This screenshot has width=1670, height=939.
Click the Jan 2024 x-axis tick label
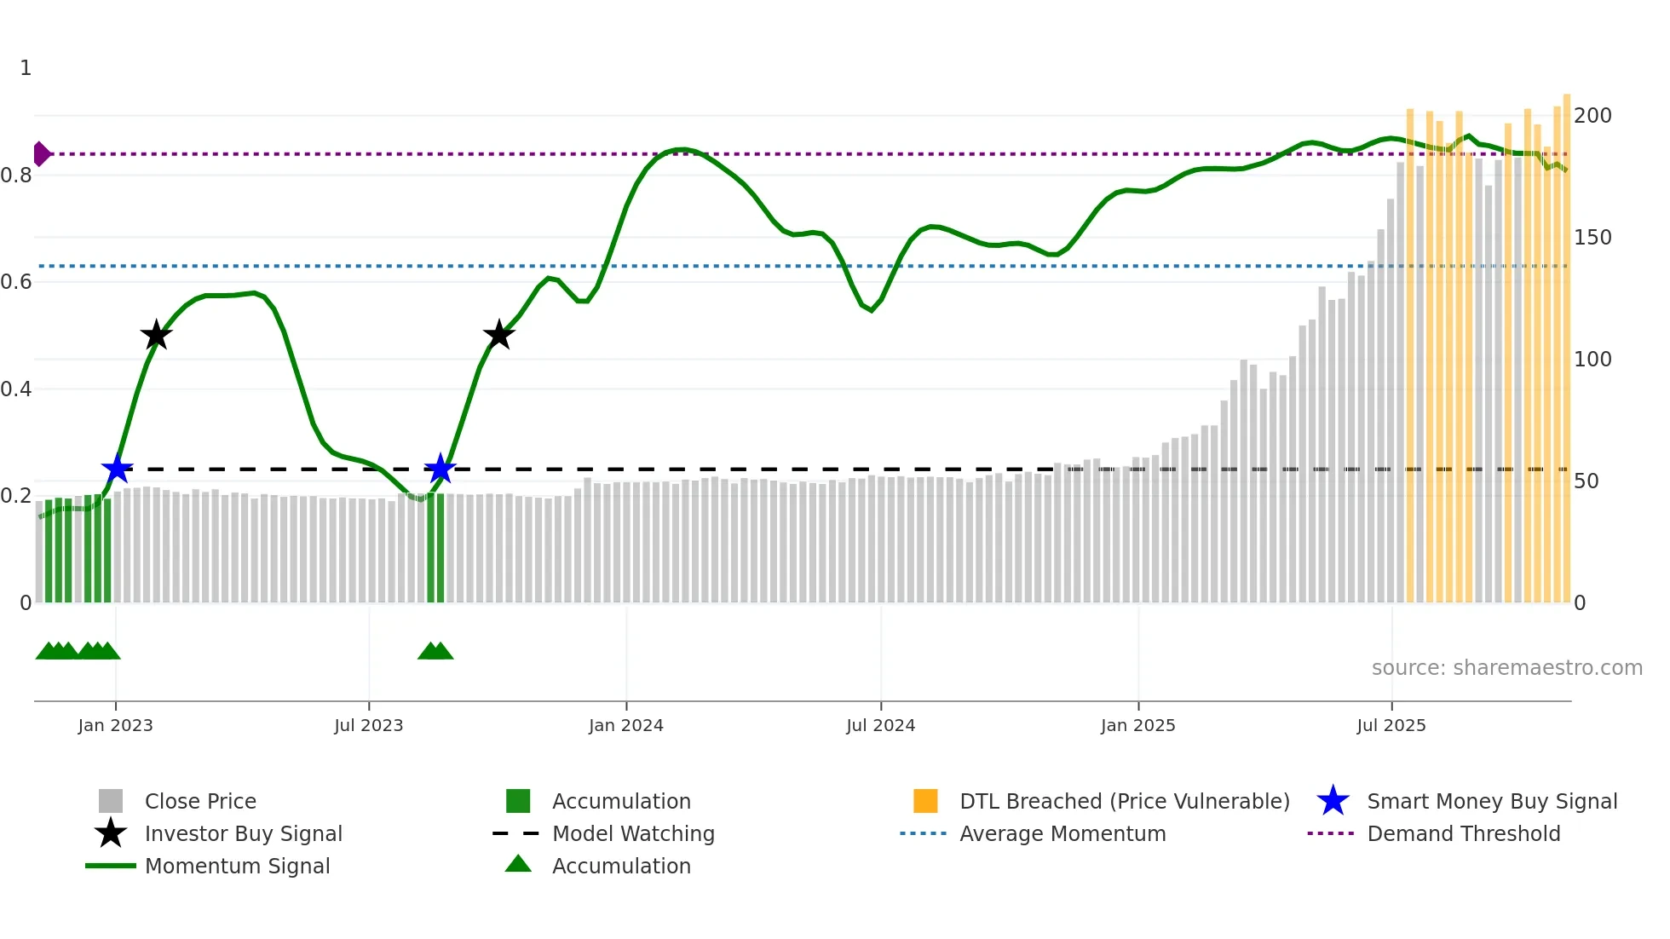coord(625,725)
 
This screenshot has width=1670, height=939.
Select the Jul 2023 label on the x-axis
coord(368,725)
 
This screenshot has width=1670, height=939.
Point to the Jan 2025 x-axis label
coord(1137,725)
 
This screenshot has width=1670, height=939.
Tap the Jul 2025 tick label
coord(1391,725)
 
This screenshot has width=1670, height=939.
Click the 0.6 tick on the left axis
coord(17,282)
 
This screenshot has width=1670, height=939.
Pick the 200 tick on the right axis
coord(1592,116)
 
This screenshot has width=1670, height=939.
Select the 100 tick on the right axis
coord(1592,360)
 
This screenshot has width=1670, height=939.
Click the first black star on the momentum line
coord(156,335)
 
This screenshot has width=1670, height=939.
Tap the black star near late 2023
coord(498,335)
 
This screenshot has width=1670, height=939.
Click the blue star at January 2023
coord(117,469)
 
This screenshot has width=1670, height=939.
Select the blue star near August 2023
coord(440,469)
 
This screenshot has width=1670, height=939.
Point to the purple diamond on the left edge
coord(41,154)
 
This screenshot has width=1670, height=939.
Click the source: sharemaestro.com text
coord(1506,668)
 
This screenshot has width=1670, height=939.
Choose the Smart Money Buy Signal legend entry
coord(1491,801)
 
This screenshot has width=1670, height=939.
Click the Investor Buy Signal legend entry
coord(243,833)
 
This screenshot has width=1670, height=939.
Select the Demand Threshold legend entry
coord(1463,833)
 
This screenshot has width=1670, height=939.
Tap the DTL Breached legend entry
coord(1124,801)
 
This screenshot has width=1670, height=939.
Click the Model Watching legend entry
coord(633,833)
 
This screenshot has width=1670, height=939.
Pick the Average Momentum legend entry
coord(1062,833)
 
